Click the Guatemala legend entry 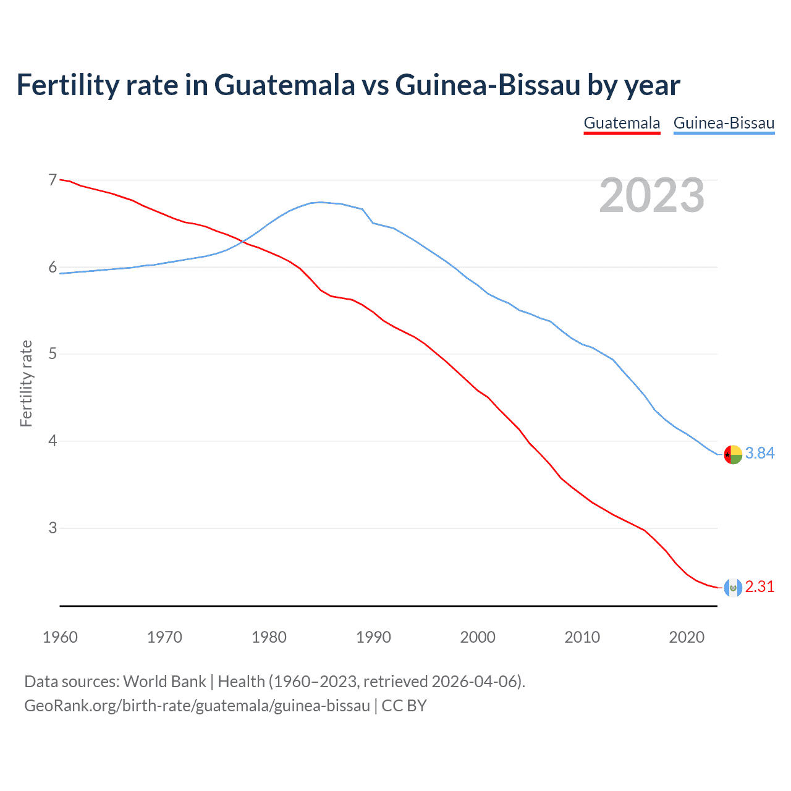tap(622, 123)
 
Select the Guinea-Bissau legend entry tap(724, 123)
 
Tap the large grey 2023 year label tap(651, 195)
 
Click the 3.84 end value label tap(759, 453)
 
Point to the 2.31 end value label tap(759, 586)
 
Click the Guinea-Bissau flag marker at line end tap(732, 454)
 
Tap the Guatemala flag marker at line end tap(732, 588)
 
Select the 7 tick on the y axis tap(53, 180)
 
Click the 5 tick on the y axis tap(53, 354)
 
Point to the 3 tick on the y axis tap(53, 528)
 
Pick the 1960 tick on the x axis tap(60, 637)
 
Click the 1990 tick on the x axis tap(373, 637)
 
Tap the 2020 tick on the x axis tap(687, 637)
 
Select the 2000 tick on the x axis tap(478, 637)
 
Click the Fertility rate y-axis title tap(26, 383)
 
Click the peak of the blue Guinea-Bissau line tap(320, 202)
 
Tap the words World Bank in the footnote tap(164, 681)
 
